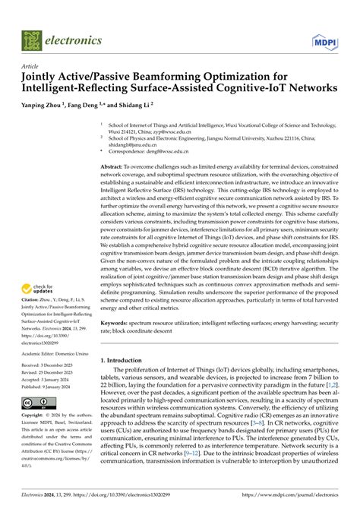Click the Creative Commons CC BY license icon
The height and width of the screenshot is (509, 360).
(x=36, y=402)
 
